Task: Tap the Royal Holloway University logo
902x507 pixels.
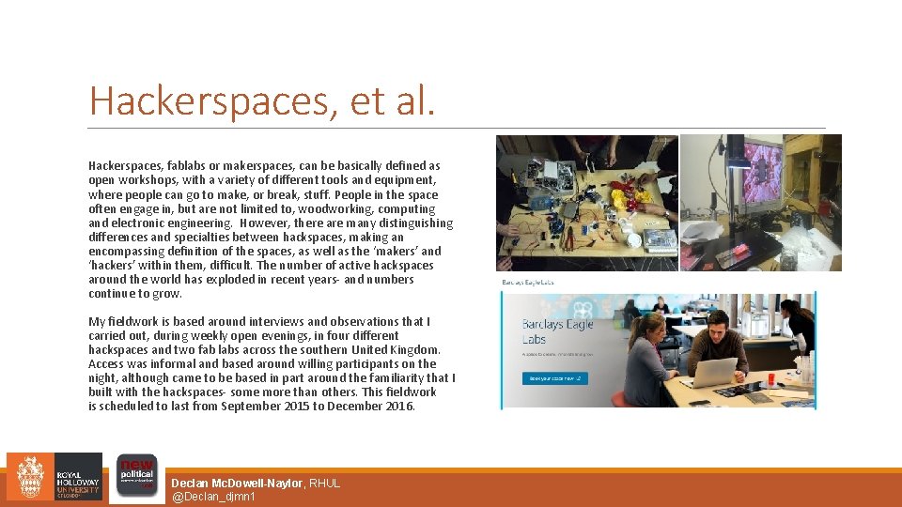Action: coord(54,477)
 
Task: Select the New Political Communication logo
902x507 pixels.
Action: coord(135,477)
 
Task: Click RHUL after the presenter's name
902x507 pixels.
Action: coord(324,483)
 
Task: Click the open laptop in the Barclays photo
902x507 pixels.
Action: coord(711,372)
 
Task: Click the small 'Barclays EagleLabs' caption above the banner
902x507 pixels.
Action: coord(528,282)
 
